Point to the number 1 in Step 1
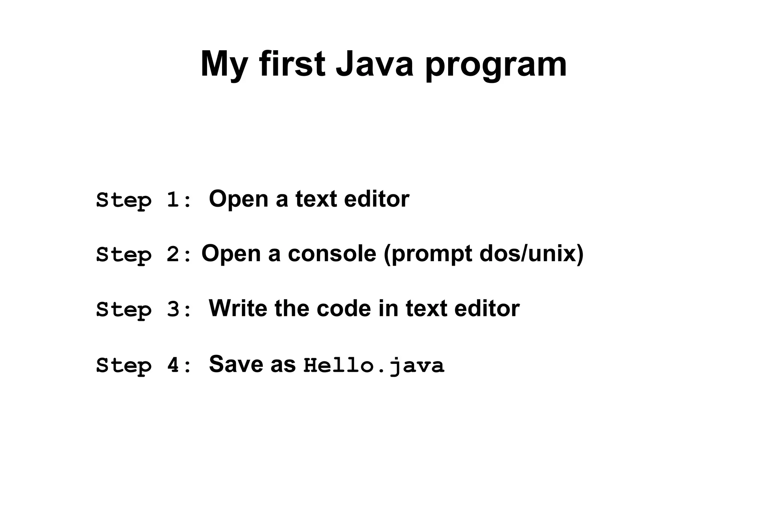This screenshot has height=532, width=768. [173, 200]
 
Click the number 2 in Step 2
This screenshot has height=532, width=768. [173, 254]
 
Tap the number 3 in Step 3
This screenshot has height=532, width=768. [173, 310]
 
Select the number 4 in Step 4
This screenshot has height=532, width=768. [173, 365]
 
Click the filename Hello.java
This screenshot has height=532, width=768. [374, 365]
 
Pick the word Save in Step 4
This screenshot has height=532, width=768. [236, 364]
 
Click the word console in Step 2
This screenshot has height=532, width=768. [332, 254]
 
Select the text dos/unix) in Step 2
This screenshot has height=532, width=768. [531, 254]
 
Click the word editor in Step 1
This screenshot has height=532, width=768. [376, 199]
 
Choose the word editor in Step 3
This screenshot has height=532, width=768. [487, 308]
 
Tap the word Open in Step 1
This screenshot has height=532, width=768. [238, 200]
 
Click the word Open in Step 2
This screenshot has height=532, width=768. [231, 254]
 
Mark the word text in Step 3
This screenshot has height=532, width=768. [426, 309]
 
